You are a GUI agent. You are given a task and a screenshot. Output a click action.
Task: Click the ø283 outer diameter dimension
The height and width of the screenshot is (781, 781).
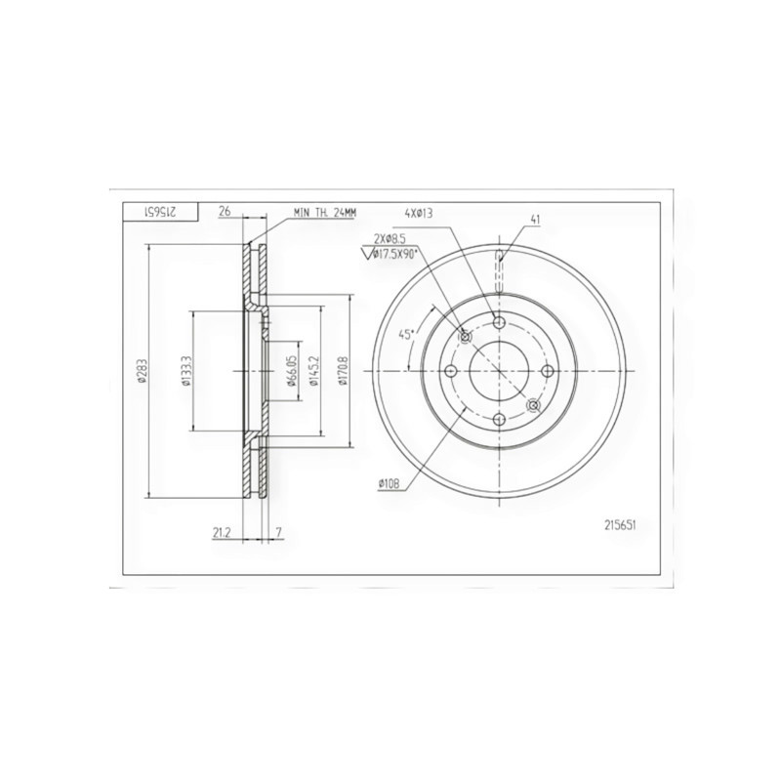click(x=142, y=372)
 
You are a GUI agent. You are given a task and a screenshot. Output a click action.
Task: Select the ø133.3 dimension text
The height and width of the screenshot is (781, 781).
click(x=185, y=372)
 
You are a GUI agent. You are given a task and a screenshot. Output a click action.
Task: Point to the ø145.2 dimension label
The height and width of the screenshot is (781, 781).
click(x=313, y=372)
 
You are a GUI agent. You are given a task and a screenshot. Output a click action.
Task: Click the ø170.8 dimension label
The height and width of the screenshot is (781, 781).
click(x=342, y=372)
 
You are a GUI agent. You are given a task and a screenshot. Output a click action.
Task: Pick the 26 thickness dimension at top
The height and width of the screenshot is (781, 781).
click(x=225, y=211)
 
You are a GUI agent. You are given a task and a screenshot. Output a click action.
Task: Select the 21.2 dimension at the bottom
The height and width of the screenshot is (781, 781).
click(x=222, y=533)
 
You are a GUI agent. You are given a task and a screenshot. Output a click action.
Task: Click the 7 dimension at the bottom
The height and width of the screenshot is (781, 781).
click(x=279, y=533)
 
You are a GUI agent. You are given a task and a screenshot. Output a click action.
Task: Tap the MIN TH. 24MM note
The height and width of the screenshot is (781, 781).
click(x=325, y=213)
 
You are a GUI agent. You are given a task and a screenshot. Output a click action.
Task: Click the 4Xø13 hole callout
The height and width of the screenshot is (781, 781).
click(x=419, y=214)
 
